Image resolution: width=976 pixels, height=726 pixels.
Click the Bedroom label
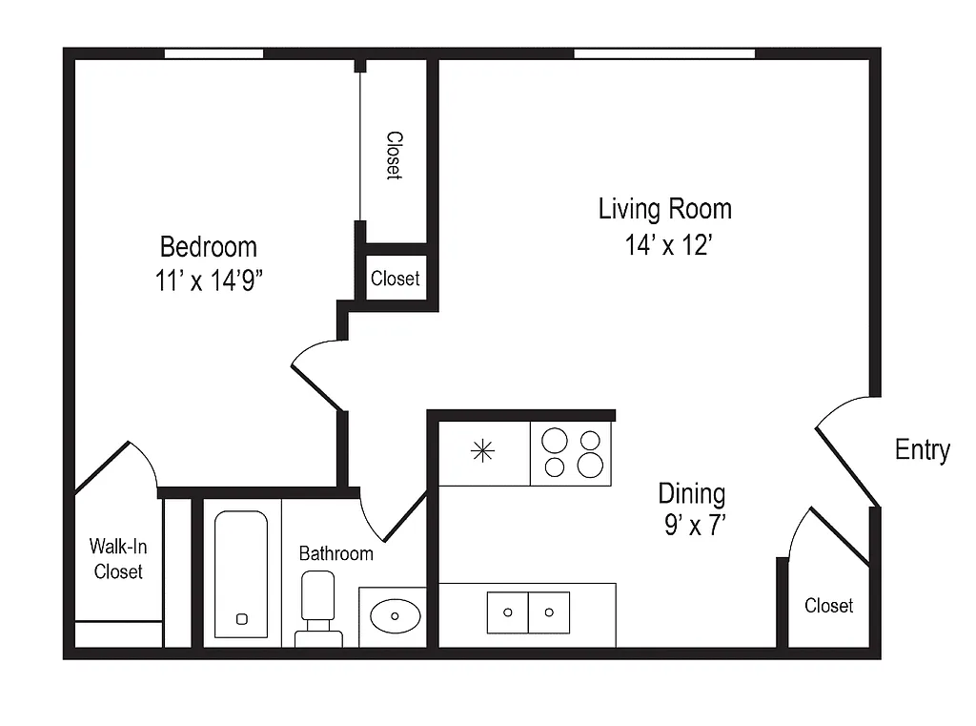208,247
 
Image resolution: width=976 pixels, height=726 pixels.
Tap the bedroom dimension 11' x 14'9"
210,283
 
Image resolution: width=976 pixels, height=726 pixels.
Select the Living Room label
664,208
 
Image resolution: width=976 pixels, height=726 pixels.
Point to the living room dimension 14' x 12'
669,245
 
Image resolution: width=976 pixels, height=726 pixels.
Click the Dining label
691,493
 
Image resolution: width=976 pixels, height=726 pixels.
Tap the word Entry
922,450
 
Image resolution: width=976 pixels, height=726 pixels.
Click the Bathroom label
335,553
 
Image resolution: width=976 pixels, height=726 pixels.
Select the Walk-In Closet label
118,559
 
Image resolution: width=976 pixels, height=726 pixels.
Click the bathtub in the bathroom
241,573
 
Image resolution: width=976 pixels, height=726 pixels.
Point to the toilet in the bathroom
317,607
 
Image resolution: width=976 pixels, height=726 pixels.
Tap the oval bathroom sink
395,616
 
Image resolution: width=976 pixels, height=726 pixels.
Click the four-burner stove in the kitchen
571,453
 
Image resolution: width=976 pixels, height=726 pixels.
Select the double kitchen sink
528,612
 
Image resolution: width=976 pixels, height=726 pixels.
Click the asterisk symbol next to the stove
483,451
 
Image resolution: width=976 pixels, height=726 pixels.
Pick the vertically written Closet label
394,155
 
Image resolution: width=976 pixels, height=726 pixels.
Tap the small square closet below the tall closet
395,279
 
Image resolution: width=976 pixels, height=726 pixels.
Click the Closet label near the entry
828,606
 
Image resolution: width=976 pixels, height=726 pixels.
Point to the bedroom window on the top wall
213,53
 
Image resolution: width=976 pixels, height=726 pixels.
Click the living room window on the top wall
663,53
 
